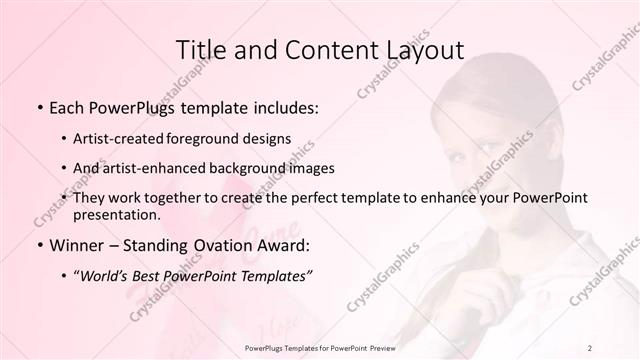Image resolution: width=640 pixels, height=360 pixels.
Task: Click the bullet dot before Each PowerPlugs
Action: click(x=39, y=106)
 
